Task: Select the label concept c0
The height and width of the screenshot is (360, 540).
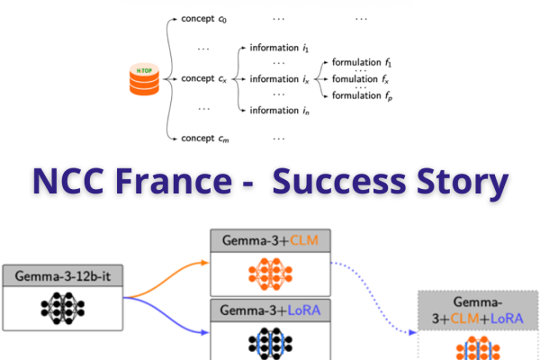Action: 204,19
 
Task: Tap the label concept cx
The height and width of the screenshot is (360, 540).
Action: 204,79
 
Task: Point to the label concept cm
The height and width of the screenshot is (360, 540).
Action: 204,138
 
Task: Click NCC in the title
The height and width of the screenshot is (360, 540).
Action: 69,180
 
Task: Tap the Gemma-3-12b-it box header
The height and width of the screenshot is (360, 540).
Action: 62,276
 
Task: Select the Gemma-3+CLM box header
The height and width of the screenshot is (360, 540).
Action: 270,240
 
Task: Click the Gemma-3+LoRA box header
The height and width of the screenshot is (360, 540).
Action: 270,310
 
